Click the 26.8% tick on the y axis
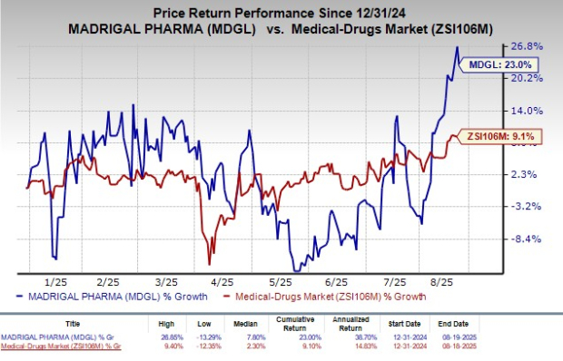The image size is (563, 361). [531, 45]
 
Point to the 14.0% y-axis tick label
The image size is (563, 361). [531, 110]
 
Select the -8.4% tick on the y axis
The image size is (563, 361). [531, 239]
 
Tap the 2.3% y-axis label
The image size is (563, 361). [531, 174]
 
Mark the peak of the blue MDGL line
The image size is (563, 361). [457, 47]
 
